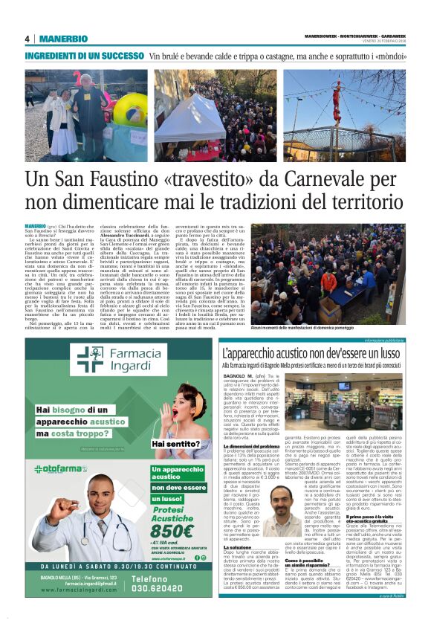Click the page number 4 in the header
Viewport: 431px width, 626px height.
pyautogui.click(x=27, y=39)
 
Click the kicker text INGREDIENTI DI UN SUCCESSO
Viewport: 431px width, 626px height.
pyautogui.click(x=84, y=56)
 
